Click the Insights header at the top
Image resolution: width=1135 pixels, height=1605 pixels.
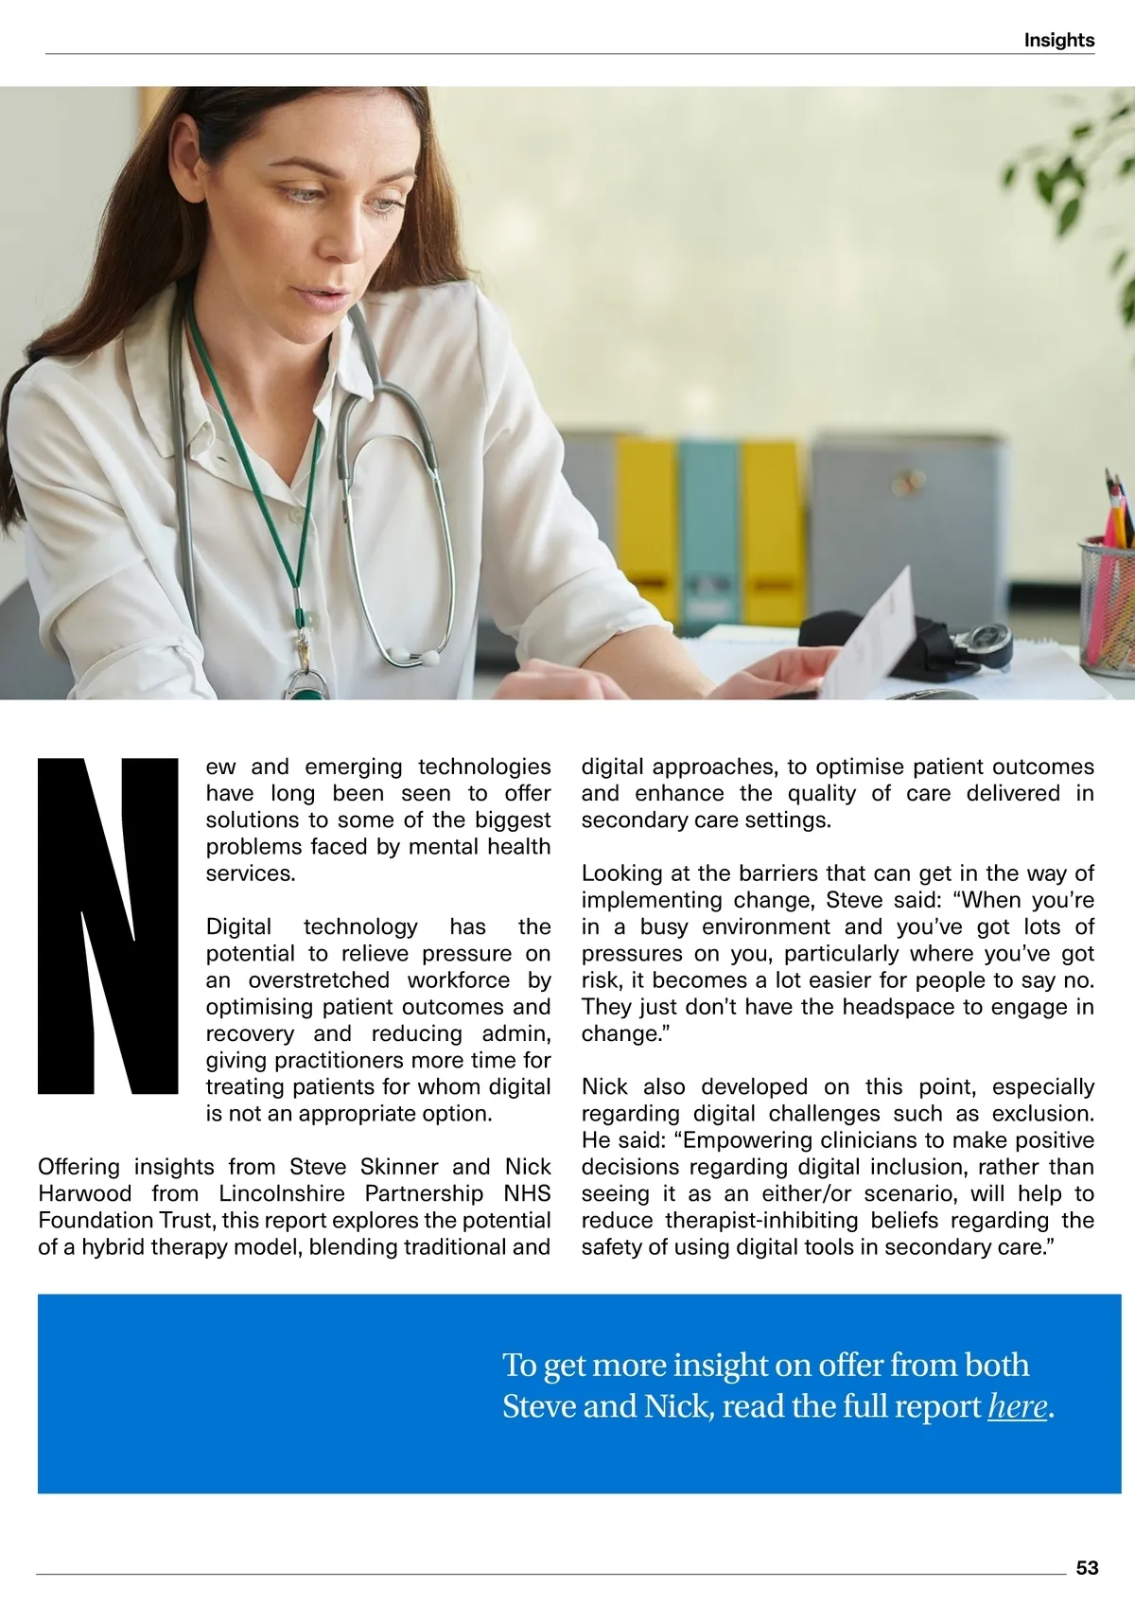(x=1058, y=40)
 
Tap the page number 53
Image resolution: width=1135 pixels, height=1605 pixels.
(x=1087, y=1568)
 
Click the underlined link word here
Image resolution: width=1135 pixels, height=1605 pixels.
(x=1018, y=1407)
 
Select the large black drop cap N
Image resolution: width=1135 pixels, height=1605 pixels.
(x=108, y=926)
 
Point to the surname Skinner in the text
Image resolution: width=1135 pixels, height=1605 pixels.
(x=398, y=1167)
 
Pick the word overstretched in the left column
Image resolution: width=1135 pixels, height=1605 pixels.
(x=319, y=980)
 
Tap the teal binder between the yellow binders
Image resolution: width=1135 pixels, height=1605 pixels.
(x=709, y=530)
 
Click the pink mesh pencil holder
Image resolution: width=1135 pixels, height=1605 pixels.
(x=1107, y=606)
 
